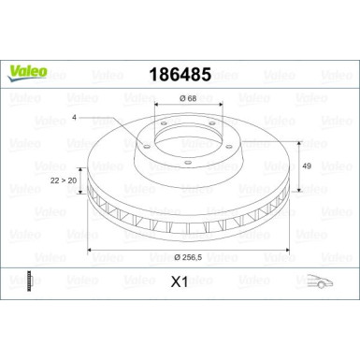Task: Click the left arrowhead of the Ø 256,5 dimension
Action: pos(89,250)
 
